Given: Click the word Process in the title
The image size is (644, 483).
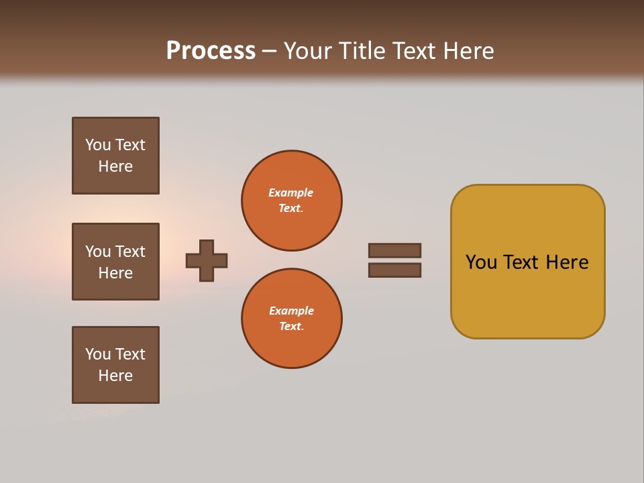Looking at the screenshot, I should coord(211,51).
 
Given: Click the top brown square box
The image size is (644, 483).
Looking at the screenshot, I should coord(115,156).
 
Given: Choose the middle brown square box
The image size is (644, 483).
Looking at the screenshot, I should coord(115,262).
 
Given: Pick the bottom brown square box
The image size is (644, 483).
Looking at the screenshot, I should coord(115,365).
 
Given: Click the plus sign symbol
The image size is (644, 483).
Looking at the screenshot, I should coord(207,260).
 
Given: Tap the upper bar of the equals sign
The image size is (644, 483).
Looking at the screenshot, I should coord(394,250).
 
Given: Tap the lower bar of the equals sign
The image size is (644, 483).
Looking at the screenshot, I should coord(394,270).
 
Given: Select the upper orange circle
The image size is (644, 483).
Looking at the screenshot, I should coord(292,201).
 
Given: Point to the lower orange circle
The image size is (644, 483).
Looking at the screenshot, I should coord(292,319).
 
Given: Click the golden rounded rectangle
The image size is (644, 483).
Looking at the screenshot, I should coord(527,295).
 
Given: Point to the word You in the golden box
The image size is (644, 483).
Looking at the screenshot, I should coord(481,262).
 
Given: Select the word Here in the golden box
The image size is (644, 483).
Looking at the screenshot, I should coord(567,262).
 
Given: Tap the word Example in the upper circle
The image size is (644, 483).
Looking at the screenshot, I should coord(290,193).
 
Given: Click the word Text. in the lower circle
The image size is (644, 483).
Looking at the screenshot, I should coord(291,326).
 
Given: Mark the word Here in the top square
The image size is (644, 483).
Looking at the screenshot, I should coord(115,166).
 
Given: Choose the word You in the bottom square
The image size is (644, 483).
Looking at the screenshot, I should coord(98,354).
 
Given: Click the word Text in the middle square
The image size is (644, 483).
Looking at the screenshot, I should coord(130,252).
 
